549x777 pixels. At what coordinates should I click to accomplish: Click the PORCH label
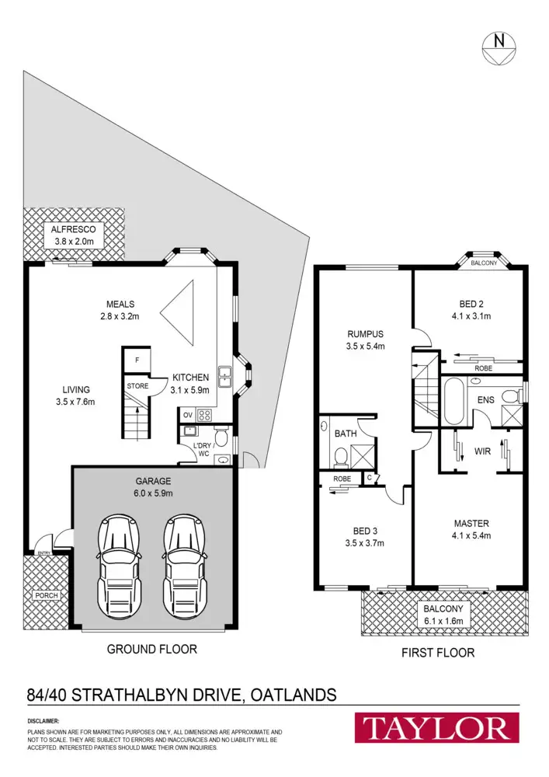tap(46, 596)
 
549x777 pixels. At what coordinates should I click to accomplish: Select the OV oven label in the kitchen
tap(186, 414)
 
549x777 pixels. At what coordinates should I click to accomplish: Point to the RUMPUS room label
tap(365, 334)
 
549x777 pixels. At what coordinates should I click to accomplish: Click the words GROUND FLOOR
tap(152, 649)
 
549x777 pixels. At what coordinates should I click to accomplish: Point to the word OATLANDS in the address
tap(295, 694)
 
